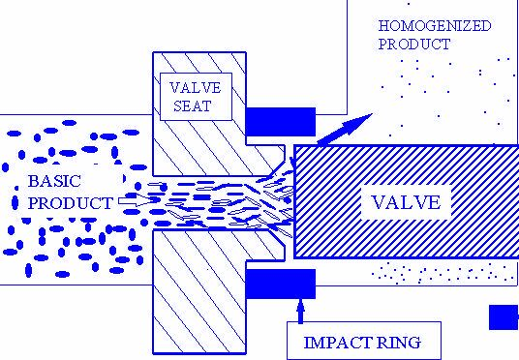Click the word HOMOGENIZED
click(435, 26)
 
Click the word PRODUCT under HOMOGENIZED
click(414, 45)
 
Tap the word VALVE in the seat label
click(196, 88)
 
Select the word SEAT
click(193, 106)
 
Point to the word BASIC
click(54, 181)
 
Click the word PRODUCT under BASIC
click(70, 203)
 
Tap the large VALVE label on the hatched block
click(406, 202)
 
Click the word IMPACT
click(338, 343)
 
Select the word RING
click(399, 343)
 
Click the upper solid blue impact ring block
click(281, 122)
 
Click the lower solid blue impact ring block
click(281, 284)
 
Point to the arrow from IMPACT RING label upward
click(300, 311)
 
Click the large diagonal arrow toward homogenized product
click(345, 129)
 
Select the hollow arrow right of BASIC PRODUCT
click(137, 200)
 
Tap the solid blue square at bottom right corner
click(504, 317)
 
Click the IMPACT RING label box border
click(364, 322)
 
